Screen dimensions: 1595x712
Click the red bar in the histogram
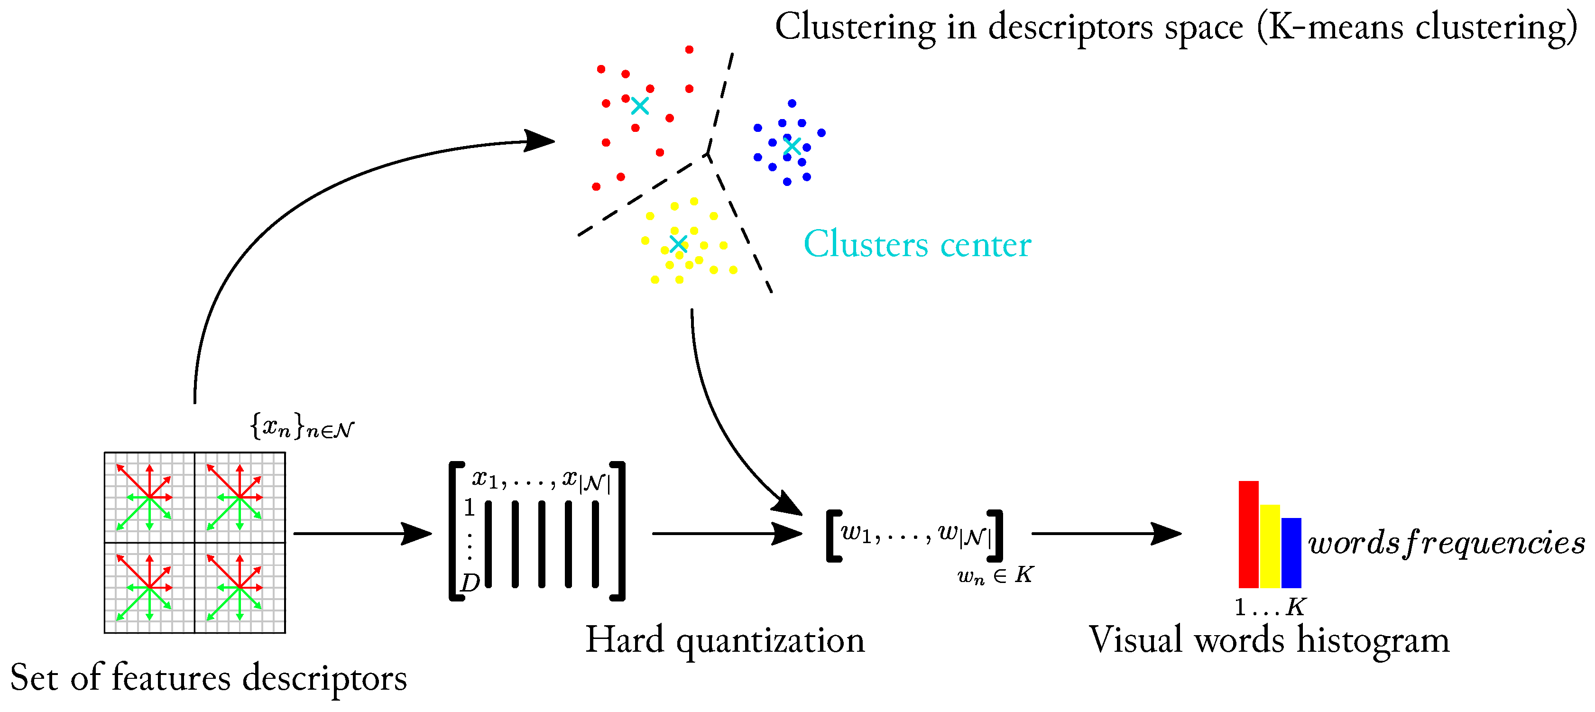point(1248,534)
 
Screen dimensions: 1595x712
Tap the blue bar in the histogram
point(1291,553)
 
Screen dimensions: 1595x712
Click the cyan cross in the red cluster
point(640,106)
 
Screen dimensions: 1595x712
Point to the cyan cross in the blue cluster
point(792,147)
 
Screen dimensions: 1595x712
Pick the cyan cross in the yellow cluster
point(679,243)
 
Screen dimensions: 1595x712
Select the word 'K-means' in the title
point(1336,27)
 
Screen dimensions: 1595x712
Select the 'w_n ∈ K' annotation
point(995,576)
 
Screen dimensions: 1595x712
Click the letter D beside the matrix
point(470,583)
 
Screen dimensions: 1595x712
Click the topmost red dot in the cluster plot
point(689,49)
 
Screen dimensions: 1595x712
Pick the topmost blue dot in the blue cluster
point(792,103)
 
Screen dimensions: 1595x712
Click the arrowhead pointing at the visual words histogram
point(1166,534)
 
